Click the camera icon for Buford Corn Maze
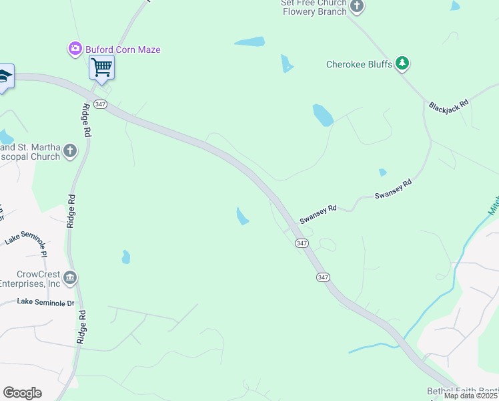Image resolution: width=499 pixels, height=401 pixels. [x=75, y=49]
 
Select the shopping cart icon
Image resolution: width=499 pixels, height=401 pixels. [x=101, y=67]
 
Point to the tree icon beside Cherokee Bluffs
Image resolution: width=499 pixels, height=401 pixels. [x=402, y=63]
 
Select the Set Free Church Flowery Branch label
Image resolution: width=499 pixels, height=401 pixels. [x=314, y=7]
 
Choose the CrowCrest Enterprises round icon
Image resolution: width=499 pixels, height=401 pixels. [x=70, y=277]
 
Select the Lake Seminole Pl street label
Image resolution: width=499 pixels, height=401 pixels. [x=27, y=245]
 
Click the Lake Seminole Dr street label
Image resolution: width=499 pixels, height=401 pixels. [x=46, y=303]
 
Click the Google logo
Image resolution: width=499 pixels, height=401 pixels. [x=22, y=393]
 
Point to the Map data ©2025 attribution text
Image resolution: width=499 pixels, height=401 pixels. [x=471, y=396]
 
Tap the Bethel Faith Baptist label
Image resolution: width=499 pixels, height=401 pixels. [x=463, y=391]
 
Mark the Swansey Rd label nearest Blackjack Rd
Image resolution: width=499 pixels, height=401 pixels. [x=394, y=189]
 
